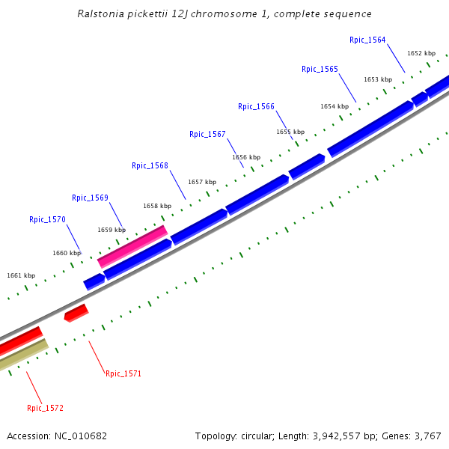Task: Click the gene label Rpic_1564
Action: [x=367, y=40]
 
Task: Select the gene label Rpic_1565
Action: [x=320, y=69]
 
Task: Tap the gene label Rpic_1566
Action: [x=256, y=106]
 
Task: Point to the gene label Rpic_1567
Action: [x=207, y=134]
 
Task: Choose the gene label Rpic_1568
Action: [x=150, y=165]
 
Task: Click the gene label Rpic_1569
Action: [x=90, y=198]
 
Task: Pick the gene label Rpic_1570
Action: [x=47, y=219]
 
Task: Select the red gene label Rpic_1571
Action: [x=123, y=373]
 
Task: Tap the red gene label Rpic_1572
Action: [x=45, y=408]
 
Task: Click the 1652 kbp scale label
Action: [x=421, y=53]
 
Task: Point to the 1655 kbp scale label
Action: [x=290, y=132]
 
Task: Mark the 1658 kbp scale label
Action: [x=157, y=205]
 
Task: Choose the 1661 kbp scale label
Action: [x=21, y=275]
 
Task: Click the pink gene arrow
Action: [x=132, y=246]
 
